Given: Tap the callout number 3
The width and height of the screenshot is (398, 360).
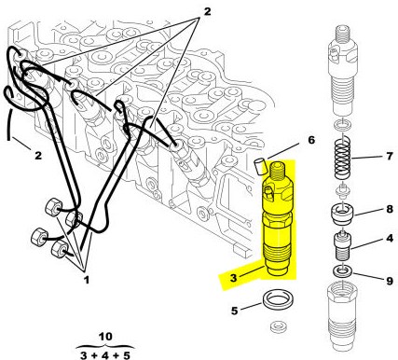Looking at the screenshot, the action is tap(233, 278).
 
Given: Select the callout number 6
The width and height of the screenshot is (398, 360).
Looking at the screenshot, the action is tap(311, 140).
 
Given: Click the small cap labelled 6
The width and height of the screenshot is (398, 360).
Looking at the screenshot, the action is tap(259, 167).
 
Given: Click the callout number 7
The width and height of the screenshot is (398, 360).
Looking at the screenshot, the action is tap(390, 156).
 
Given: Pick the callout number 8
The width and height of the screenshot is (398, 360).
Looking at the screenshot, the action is tap(390, 209).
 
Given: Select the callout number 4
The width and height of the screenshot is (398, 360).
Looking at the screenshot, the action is tap(390, 239).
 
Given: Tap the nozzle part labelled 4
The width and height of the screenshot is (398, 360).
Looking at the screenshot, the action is tap(342, 245).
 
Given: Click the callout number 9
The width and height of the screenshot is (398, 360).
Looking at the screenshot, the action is tap(390, 281).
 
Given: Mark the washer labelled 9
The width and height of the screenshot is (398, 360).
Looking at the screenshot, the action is tap(342, 270).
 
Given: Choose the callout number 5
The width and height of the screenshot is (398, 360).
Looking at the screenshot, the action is tap(234, 311).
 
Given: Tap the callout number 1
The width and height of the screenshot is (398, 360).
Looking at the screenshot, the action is tap(87, 280).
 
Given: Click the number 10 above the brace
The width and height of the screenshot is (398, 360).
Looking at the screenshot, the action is tap(105, 337).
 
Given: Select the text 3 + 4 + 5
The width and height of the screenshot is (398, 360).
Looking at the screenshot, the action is tap(105, 355).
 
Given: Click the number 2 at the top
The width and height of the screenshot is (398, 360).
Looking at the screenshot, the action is tap(207, 11).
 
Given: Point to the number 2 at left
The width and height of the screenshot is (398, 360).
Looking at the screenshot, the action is tap(38, 155).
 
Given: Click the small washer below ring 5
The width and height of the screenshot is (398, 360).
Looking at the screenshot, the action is tap(278, 326).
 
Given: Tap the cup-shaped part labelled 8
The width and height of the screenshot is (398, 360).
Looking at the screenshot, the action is tap(342, 214).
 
